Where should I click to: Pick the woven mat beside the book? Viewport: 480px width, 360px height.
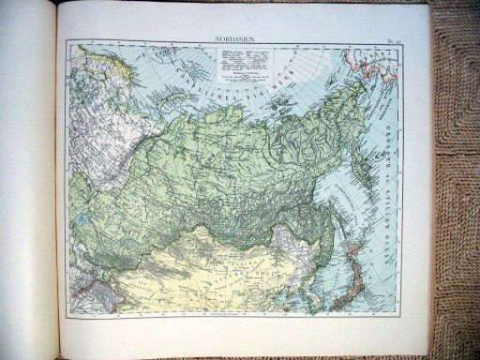pyautogui.click(x=455, y=187)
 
